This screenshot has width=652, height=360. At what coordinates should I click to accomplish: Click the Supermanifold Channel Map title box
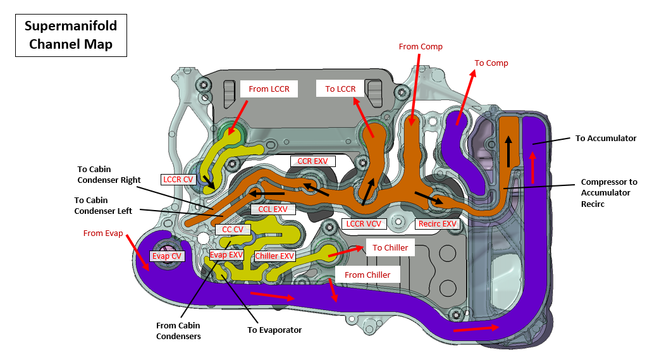(71, 35)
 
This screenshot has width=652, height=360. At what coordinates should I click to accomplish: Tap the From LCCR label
(269, 89)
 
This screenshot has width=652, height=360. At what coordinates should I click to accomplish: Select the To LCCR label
(340, 89)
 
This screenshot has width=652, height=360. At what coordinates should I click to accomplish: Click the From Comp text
(421, 47)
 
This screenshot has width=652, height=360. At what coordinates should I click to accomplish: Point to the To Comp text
(491, 63)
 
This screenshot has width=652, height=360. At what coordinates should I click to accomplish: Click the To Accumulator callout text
(605, 138)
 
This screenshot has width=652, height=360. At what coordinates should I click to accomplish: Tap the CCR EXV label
(312, 161)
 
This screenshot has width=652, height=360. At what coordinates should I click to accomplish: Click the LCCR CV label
(178, 179)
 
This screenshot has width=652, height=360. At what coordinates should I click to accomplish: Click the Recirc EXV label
(437, 224)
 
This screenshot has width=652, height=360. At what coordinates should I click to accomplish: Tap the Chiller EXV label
(274, 256)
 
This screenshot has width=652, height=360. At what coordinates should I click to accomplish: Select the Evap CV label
(166, 256)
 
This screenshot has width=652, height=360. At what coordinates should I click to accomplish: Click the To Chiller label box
(390, 247)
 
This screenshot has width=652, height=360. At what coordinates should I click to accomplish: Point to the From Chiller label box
(367, 275)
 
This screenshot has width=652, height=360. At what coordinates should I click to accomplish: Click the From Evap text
(103, 233)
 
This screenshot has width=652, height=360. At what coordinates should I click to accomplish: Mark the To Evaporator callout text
(274, 330)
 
